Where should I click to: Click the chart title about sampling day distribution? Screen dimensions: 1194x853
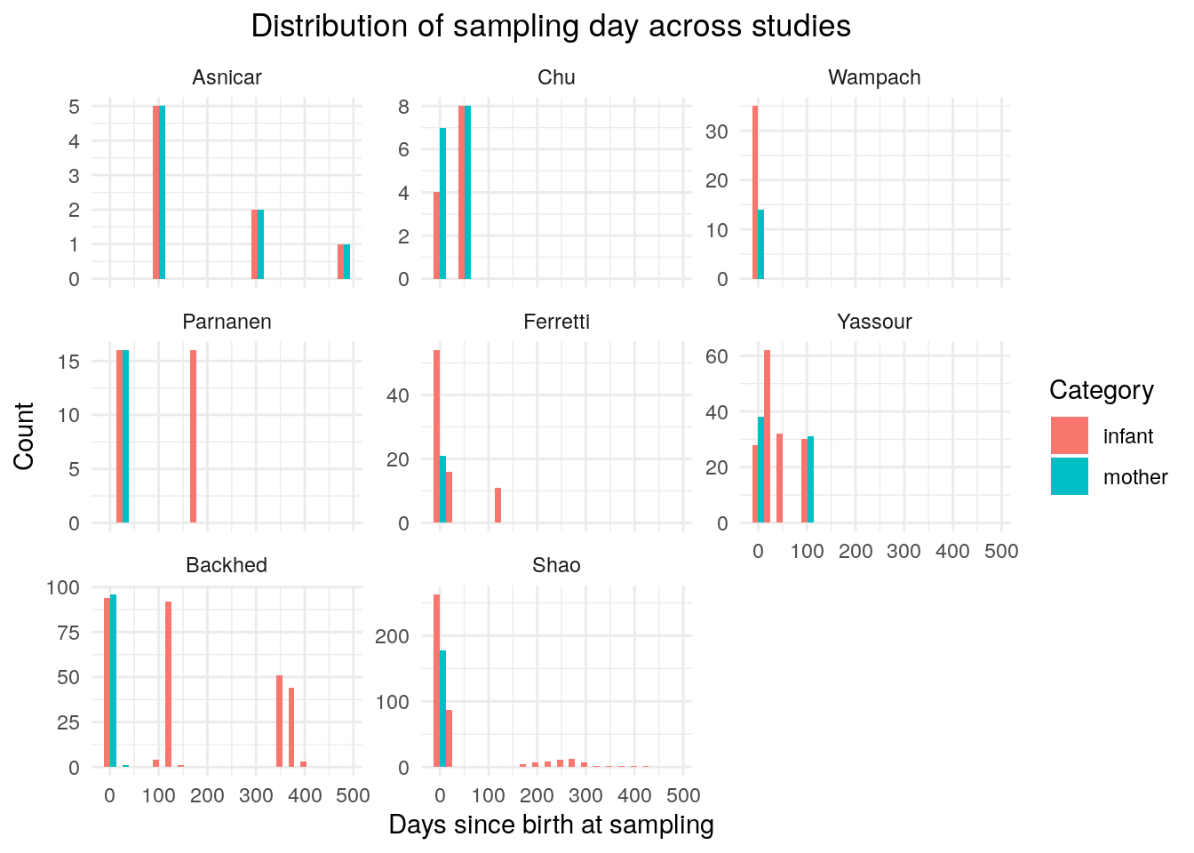(551, 26)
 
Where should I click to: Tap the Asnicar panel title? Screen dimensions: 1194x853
(227, 77)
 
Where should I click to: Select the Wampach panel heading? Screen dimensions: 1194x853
(874, 78)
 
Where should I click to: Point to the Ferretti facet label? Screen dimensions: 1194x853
(556, 322)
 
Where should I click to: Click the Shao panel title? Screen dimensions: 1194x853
(556, 565)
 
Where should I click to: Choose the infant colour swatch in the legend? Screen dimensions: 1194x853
(1070, 435)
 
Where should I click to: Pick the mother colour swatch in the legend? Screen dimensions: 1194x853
(1070, 476)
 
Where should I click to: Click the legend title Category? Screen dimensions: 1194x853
(1102, 391)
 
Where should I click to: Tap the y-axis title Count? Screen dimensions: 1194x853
(24, 436)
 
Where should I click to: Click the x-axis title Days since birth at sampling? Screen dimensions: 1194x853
(551, 825)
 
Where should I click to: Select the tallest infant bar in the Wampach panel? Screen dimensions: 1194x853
(755, 193)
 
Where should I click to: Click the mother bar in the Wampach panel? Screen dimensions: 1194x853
(760, 244)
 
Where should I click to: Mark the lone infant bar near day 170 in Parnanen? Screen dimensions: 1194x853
(193, 436)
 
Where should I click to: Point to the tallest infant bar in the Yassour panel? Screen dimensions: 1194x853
(767, 436)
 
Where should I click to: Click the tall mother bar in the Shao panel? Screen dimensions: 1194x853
(442, 708)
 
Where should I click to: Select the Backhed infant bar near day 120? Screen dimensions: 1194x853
(169, 684)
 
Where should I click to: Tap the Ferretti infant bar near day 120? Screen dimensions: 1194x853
(497, 505)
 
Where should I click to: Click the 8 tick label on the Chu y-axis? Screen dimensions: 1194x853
(403, 107)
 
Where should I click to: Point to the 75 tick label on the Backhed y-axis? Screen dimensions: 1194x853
(68, 633)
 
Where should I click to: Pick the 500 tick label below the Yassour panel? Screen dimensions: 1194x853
(1001, 551)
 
